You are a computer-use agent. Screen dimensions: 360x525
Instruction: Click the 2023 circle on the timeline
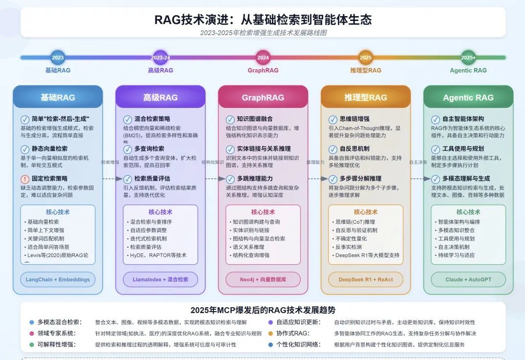tap(58, 58)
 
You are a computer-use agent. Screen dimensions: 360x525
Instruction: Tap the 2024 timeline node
tap(263, 58)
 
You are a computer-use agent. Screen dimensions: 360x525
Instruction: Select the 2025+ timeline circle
tap(468, 58)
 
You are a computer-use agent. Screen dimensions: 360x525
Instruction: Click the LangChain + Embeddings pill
tap(58, 279)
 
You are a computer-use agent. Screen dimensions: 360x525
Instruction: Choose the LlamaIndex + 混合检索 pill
tap(160, 279)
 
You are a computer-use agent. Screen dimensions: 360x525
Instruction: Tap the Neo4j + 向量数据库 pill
tap(263, 279)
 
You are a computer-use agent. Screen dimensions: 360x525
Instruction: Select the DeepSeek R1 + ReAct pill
tap(366, 279)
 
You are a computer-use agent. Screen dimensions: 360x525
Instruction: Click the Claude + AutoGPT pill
tap(468, 279)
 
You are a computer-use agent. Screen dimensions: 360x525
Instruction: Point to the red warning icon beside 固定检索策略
tap(25, 179)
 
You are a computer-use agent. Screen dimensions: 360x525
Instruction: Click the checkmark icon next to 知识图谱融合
tap(230, 119)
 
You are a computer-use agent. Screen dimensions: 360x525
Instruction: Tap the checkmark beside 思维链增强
tap(333, 119)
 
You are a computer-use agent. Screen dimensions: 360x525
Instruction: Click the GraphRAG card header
tap(263, 97)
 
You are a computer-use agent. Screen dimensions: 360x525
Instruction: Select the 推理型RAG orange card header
tap(366, 97)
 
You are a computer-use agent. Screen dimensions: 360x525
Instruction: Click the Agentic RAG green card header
tap(468, 97)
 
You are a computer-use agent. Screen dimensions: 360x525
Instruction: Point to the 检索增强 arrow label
tap(110, 162)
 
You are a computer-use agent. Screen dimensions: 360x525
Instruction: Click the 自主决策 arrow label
tap(418, 162)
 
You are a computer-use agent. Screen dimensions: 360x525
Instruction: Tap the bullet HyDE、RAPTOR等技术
tap(158, 255)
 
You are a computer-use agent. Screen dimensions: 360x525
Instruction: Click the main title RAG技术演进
tap(263, 20)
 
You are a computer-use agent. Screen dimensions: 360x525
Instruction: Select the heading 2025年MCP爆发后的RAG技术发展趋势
tap(263, 310)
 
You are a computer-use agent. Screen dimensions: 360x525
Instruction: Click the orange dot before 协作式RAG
tap(271, 334)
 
